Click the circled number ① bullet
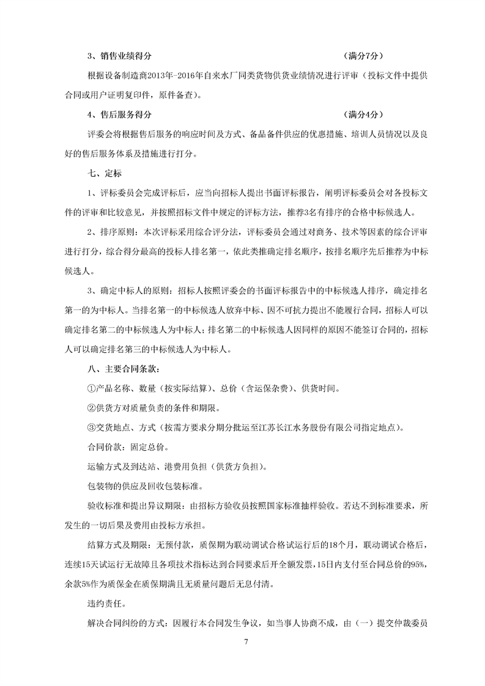click(x=92, y=389)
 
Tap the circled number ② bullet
click(x=92, y=408)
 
